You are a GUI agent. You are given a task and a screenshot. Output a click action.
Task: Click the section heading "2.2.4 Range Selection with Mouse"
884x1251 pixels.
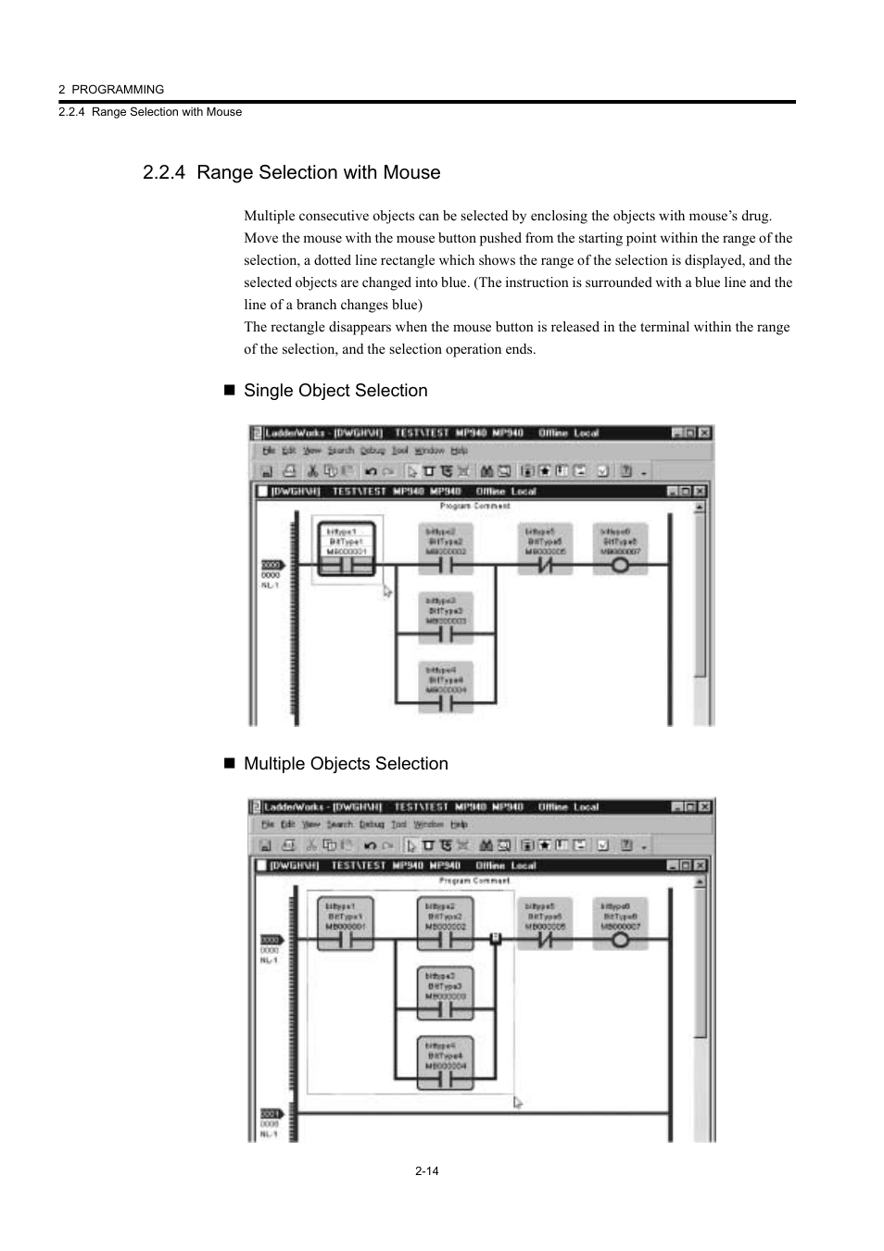tap(292, 173)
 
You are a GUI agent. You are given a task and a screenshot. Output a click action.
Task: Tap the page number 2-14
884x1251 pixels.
tap(426, 1171)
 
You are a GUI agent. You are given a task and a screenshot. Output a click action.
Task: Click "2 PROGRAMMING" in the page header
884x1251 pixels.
tap(111, 90)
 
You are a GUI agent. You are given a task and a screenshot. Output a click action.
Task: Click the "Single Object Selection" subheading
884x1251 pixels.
tap(335, 391)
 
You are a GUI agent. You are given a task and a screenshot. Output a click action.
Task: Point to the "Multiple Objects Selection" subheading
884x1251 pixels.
tap(346, 764)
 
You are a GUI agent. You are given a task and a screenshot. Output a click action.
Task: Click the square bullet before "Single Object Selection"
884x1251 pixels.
tap(230, 391)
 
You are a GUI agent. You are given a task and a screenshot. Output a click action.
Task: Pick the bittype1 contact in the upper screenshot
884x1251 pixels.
tap(347, 549)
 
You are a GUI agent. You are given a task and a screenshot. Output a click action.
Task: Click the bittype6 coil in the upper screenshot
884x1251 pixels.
tap(620, 549)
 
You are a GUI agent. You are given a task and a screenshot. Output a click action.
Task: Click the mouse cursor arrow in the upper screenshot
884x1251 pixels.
tap(387, 591)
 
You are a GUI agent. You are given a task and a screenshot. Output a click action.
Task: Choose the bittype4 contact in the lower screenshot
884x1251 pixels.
tap(446, 1062)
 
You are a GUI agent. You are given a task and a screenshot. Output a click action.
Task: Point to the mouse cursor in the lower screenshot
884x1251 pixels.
tap(517, 1102)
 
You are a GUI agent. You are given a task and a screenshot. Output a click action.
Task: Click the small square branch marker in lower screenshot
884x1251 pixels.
tap(496, 938)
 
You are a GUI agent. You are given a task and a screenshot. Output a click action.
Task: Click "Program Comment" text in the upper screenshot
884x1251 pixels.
tap(474, 507)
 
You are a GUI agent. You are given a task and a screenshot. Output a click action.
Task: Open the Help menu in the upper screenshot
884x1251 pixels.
tap(460, 451)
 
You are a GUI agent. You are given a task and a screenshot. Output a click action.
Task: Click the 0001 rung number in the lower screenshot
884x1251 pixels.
tap(270, 1114)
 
